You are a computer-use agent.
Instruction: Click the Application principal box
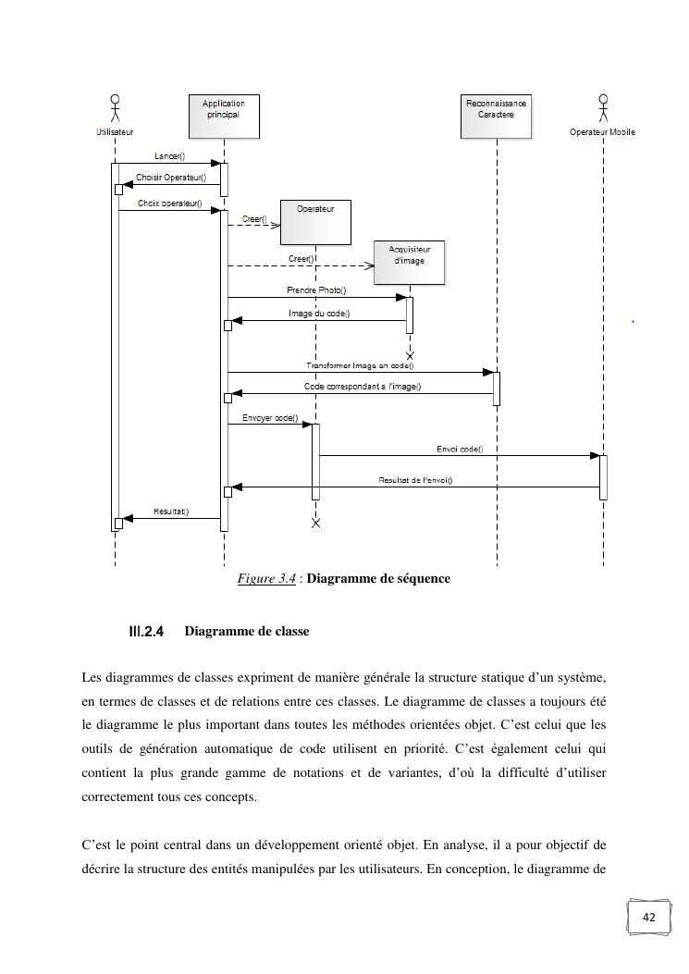click(223, 117)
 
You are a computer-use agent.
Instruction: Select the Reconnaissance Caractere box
click(496, 116)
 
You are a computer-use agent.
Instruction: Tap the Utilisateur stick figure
click(115, 108)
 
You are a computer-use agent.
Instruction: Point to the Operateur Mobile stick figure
click(603, 108)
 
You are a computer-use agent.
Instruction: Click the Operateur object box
click(315, 222)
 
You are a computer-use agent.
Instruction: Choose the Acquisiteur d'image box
click(409, 263)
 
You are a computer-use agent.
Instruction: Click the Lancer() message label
click(169, 156)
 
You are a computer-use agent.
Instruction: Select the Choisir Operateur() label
click(171, 178)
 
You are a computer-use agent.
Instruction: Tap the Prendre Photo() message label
click(316, 290)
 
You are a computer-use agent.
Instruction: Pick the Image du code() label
click(319, 314)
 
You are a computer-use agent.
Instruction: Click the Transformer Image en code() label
click(360, 366)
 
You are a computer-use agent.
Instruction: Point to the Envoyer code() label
click(270, 418)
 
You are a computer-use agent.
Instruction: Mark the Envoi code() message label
click(460, 450)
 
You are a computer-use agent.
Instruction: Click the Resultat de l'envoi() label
click(415, 480)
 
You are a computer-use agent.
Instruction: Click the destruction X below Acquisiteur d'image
click(410, 355)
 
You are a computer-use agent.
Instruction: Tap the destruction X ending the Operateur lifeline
click(315, 524)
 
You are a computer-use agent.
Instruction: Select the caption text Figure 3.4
click(266, 579)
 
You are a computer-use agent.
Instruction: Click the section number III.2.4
click(146, 632)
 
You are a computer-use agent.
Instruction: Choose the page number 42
click(648, 918)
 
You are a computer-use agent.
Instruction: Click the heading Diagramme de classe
click(247, 632)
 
